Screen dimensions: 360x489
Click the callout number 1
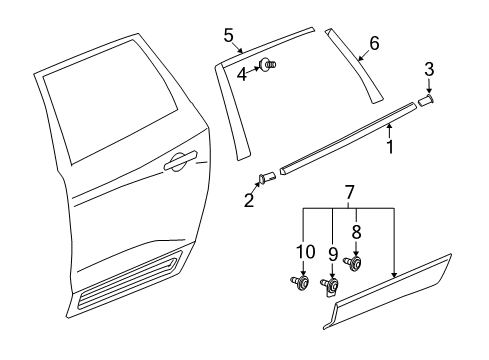pos(390,147)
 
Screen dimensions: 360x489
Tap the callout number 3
pos(428,70)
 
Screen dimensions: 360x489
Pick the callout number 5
pos(229,37)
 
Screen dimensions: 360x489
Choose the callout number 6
pos(374,43)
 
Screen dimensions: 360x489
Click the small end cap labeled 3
pos(426,100)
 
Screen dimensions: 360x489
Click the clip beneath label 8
pos(354,264)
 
